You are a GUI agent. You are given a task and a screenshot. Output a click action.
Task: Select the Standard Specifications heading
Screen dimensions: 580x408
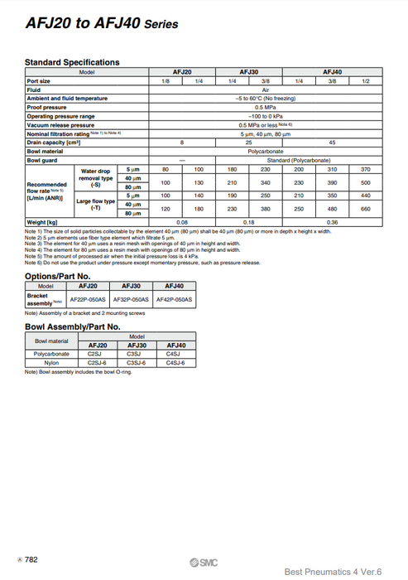[72, 62]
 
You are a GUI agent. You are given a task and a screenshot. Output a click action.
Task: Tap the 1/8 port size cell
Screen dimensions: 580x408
[166, 81]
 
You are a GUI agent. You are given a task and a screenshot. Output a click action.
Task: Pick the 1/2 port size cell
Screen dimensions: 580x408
[366, 81]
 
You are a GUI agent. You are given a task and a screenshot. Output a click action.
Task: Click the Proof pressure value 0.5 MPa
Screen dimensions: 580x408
[265, 107]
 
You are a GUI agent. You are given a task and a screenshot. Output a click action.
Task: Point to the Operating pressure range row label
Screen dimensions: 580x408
[60, 116]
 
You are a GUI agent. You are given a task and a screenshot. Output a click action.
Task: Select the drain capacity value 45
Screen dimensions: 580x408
[332, 143]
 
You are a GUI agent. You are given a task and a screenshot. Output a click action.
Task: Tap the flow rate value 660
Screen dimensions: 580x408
[366, 209]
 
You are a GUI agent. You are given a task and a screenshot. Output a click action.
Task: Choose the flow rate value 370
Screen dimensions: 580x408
[366, 169]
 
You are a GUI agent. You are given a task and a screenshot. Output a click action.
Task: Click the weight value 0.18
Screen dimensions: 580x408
[248, 222]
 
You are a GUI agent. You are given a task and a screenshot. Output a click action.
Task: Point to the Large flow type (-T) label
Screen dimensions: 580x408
[95, 204]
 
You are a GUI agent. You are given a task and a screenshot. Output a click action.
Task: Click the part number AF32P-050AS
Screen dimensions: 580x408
[130, 298]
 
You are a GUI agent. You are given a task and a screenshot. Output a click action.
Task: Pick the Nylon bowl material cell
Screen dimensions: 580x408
[51, 361]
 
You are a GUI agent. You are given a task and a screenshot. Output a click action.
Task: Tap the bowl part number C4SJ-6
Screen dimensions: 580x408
[175, 361]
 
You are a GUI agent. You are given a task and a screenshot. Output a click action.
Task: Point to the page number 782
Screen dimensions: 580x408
[31, 560]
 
